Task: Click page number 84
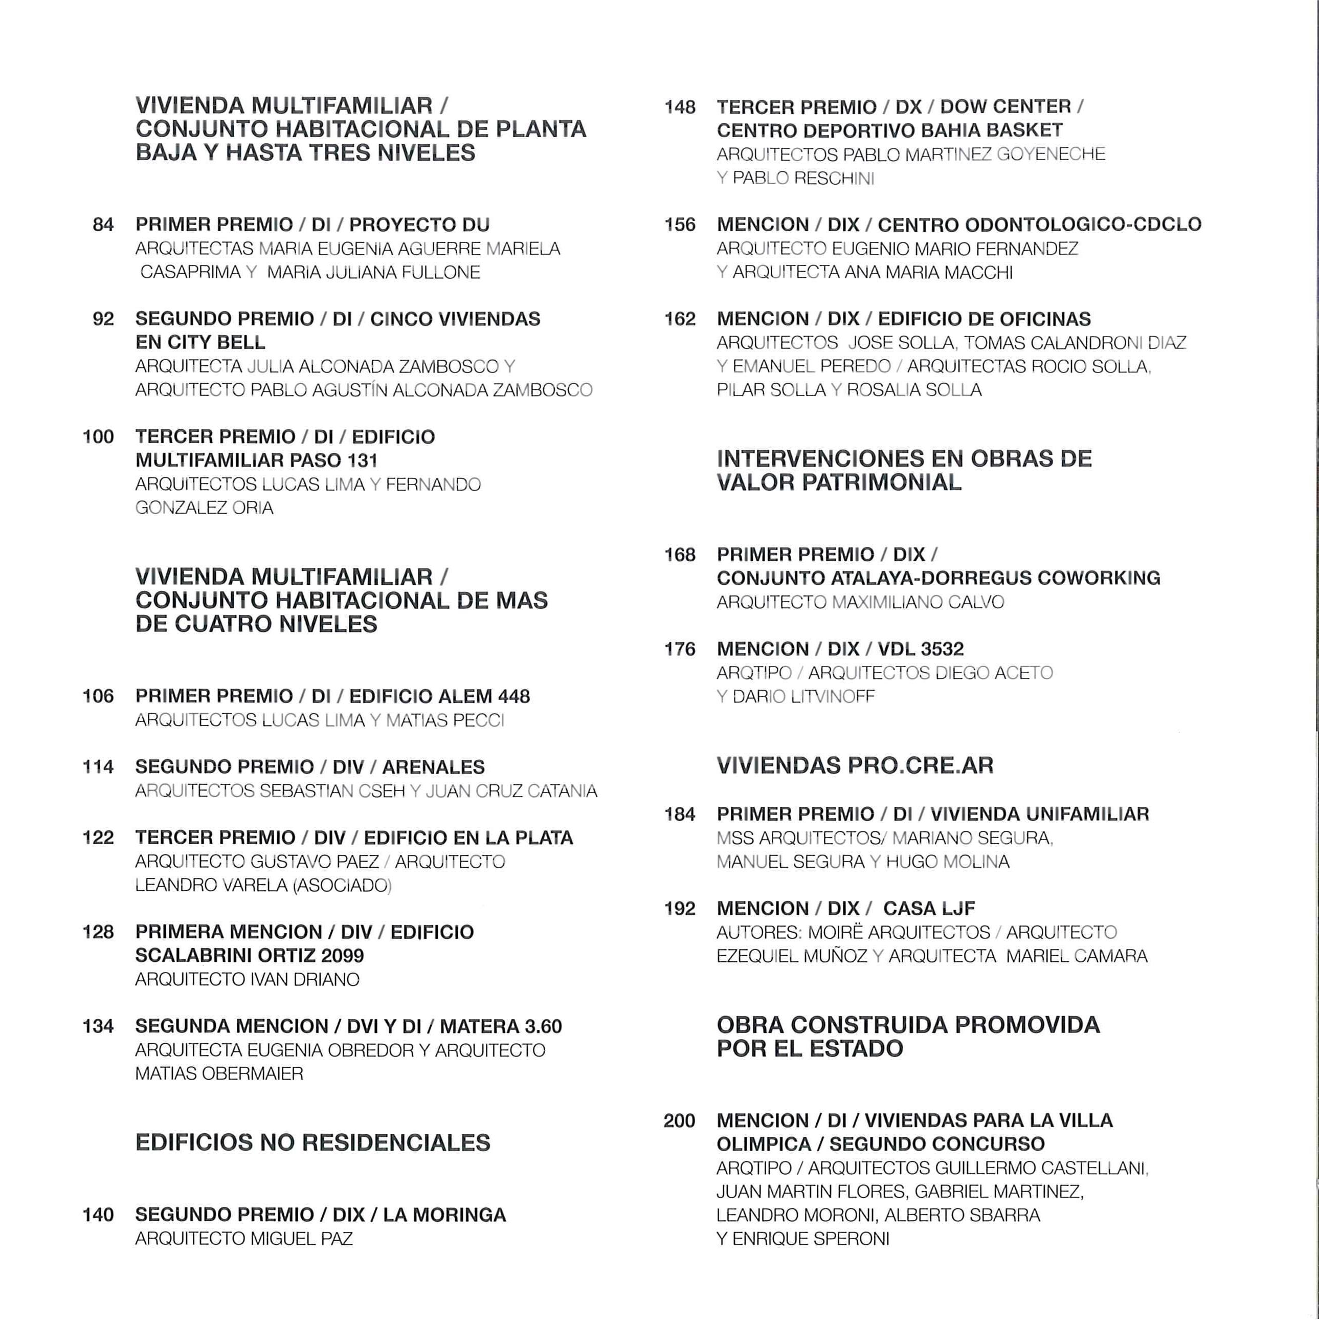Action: [103, 225]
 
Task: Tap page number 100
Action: [98, 436]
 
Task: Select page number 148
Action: [680, 107]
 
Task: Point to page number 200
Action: [679, 1120]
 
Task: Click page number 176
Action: [680, 649]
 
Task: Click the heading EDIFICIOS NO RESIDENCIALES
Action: [313, 1142]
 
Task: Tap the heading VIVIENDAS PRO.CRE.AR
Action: [855, 765]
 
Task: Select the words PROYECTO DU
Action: [419, 225]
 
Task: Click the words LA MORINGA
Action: [444, 1215]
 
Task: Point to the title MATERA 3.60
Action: [501, 1026]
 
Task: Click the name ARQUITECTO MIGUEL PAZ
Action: [244, 1239]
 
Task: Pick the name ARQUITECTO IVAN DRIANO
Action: [247, 979]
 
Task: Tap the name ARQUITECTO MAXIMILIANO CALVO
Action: [860, 602]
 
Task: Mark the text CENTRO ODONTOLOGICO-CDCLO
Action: [1039, 225]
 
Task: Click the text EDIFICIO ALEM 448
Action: [439, 696]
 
